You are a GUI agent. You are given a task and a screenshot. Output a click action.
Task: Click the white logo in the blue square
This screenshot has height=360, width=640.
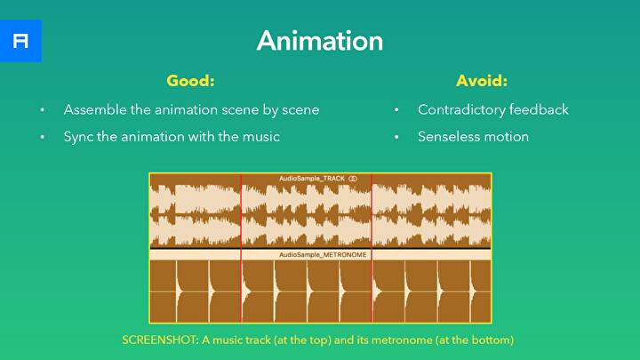(x=20, y=41)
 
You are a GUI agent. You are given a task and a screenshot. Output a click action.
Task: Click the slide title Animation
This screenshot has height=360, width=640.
(x=320, y=40)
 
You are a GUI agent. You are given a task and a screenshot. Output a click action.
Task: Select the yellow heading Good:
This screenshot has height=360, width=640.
(x=191, y=81)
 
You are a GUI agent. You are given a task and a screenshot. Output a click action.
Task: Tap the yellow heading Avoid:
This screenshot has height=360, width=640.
(x=482, y=81)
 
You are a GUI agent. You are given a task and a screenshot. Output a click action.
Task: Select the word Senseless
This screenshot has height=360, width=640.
(x=452, y=136)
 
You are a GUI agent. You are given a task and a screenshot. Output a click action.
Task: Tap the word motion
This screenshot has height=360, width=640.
(x=508, y=136)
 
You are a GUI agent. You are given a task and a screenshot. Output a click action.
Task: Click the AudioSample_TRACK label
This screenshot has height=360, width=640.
(x=311, y=179)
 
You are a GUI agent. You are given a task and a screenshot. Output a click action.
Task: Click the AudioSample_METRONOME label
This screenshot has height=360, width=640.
(x=323, y=254)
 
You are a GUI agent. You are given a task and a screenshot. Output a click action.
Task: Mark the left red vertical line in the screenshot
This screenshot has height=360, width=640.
(x=241, y=247)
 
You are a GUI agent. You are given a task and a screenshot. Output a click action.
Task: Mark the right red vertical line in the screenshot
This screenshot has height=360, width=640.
(x=372, y=247)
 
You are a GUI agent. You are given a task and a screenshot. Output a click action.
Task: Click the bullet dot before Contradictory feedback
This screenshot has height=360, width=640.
(x=396, y=111)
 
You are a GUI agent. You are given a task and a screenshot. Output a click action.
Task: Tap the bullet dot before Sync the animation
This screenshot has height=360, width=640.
(x=42, y=137)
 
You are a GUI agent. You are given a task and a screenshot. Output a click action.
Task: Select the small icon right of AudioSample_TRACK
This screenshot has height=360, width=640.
(x=353, y=179)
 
